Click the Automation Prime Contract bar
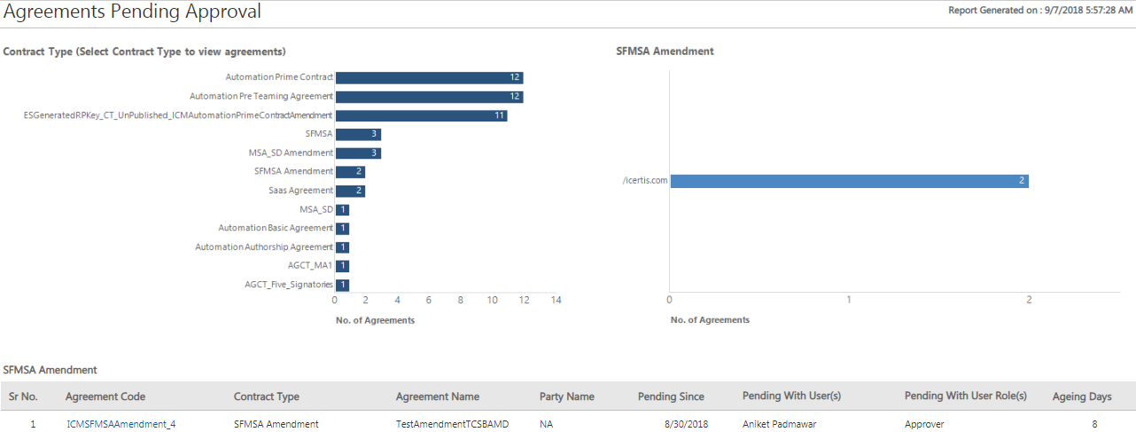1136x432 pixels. pos(429,78)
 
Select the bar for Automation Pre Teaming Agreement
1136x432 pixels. pos(429,97)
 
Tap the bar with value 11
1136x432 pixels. pos(421,115)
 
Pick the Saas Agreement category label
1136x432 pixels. pos(300,191)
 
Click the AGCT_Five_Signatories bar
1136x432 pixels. pos(342,285)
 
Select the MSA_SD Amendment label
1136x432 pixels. pos(291,153)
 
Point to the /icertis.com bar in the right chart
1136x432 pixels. pos(849,181)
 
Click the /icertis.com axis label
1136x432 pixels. pos(645,181)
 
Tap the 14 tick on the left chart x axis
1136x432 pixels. pos(556,300)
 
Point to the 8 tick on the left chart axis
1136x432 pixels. pos(461,300)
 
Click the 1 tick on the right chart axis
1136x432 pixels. pos(849,300)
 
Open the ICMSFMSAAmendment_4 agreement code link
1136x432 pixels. pos(121,424)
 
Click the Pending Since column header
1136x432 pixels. pos(671,397)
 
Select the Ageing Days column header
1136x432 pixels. pos(1081,397)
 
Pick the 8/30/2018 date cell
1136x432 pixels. pos(685,424)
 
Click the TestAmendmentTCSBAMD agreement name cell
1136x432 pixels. pos(452,424)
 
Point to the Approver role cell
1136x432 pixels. pos(924,424)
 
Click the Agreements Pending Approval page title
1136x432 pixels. pos(133,12)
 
